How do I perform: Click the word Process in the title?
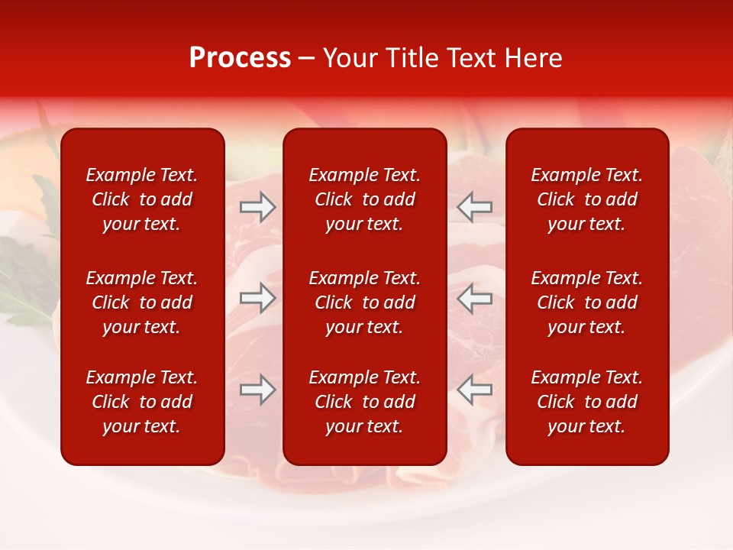[240, 58]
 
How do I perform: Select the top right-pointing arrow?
[257, 207]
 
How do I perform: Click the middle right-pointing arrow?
[257, 298]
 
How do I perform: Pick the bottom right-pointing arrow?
[257, 390]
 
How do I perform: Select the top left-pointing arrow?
[474, 207]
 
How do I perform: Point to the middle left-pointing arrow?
[474, 298]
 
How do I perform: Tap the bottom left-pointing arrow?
[474, 390]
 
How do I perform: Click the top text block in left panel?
[142, 199]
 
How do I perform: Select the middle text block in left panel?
[142, 302]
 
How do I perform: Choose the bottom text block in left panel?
[142, 402]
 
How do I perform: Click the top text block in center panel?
[365, 199]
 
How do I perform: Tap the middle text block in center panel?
[365, 302]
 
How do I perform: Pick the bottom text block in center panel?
[365, 402]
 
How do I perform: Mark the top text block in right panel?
[587, 199]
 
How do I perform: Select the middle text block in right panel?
[587, 302]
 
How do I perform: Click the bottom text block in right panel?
[587, 402]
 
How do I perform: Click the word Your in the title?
[350, 58]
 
